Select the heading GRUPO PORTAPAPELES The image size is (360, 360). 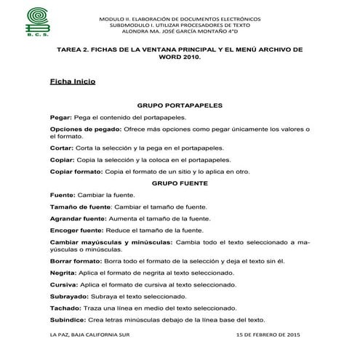(180, 105)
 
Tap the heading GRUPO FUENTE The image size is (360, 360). (180, 183)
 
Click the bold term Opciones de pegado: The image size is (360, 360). (84, 129)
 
